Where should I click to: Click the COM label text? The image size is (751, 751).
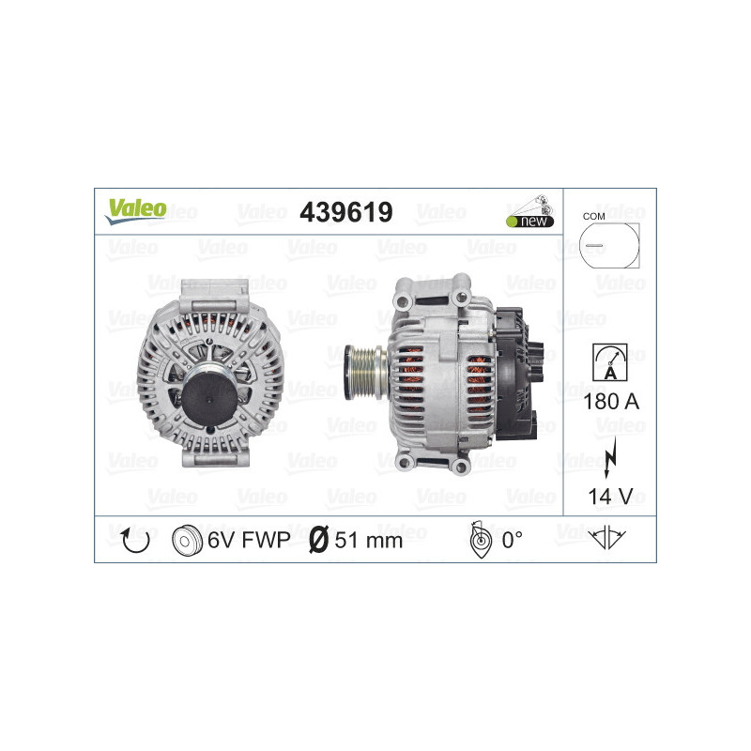(x=593, y=216)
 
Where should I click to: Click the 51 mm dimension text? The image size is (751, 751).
(x=369, y=540)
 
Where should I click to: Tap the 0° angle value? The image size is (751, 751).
(x=513, y=540)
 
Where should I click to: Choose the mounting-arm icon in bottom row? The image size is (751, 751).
(x=610, y=538)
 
